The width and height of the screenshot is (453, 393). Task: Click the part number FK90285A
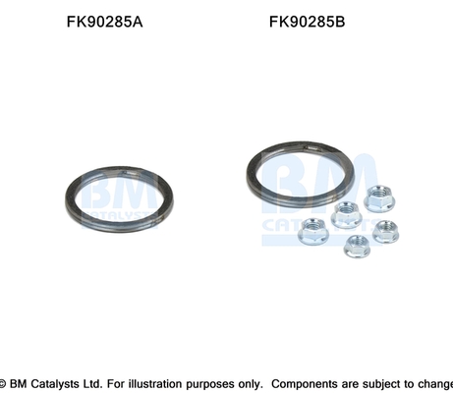[x=104, y=22]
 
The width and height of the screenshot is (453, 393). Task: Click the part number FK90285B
[x=307, y=22]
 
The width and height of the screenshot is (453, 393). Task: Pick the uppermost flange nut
[x=379, y=198]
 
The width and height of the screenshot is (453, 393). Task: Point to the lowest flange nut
[x=357, y=246]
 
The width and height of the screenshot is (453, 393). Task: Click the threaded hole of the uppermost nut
[x=379, y=193]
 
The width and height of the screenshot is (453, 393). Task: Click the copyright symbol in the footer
[x=3, y=383]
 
